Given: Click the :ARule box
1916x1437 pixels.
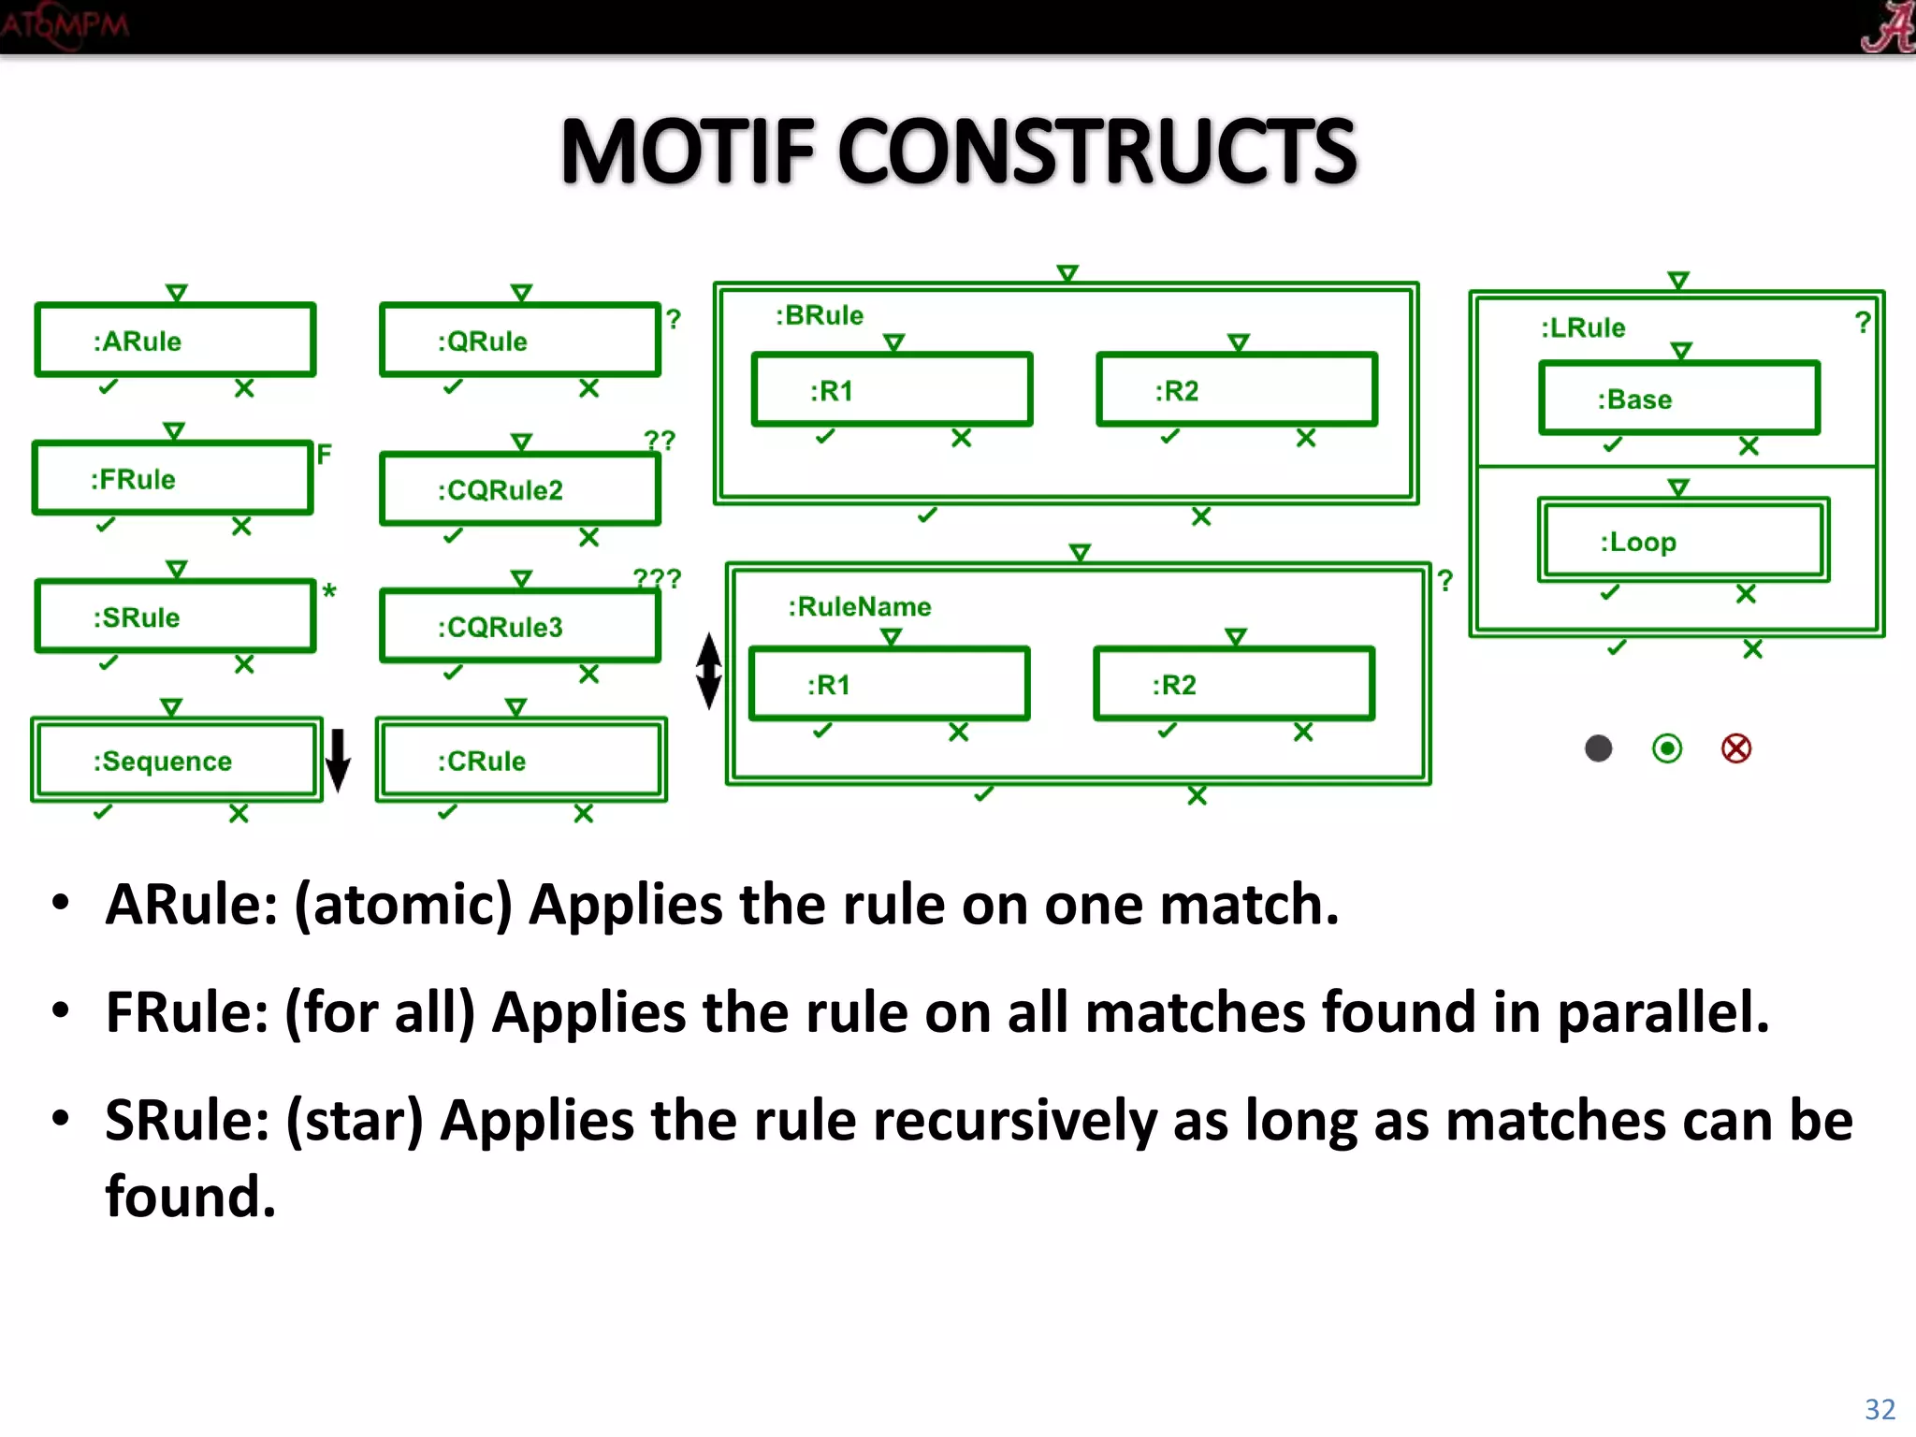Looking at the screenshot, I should pos(175,341).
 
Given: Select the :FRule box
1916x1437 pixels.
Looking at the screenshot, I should pos(173,478).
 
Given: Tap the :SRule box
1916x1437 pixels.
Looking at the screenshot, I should pos(175,617).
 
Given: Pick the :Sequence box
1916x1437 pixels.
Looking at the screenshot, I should pos(176,760).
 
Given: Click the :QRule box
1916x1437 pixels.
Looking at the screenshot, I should pos(520,341).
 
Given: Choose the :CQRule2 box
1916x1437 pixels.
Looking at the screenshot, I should pos(520,489).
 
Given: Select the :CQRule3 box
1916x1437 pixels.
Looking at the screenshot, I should pos(520,626).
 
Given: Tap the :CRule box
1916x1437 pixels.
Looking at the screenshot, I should pos(521,760).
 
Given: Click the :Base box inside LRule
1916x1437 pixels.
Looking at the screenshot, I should pos(1679,399).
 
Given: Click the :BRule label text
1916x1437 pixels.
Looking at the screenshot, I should pos(820,315).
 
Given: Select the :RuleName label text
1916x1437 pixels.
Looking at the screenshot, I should pos(860,606).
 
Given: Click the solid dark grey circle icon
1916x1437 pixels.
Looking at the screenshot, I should pos(1599,748).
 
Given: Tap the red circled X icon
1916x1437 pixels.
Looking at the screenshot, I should pos(1736,748).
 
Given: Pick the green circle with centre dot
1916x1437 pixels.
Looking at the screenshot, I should pos(1667,748).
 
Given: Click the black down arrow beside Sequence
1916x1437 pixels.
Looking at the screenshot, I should pos(338,760).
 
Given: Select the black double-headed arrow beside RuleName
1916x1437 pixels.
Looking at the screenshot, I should pos(709,671).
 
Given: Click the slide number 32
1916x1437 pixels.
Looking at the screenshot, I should pos(1880,1409).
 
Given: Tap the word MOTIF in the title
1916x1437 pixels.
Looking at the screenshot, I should pos(688,152).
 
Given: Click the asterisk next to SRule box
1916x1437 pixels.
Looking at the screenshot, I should pos(329,591).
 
